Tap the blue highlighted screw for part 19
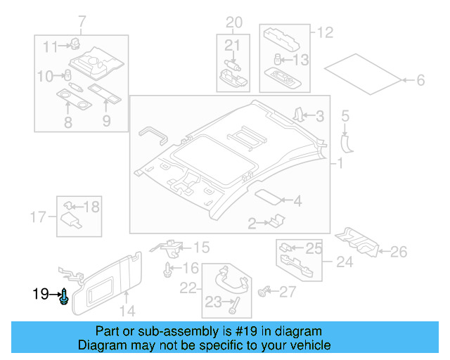pyautogui.click(x=65, y=297)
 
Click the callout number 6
pyautogui.click(x=420, y=81)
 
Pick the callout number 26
pyautogui.click(x=398, y=251)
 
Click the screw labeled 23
pyautogui.click(x=233, y=306)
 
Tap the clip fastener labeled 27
pyautogui.click(x=265, y=290)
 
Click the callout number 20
pyautogui.click(x=233, y=22)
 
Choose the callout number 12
pyautogui.click(x=325, y=32)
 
